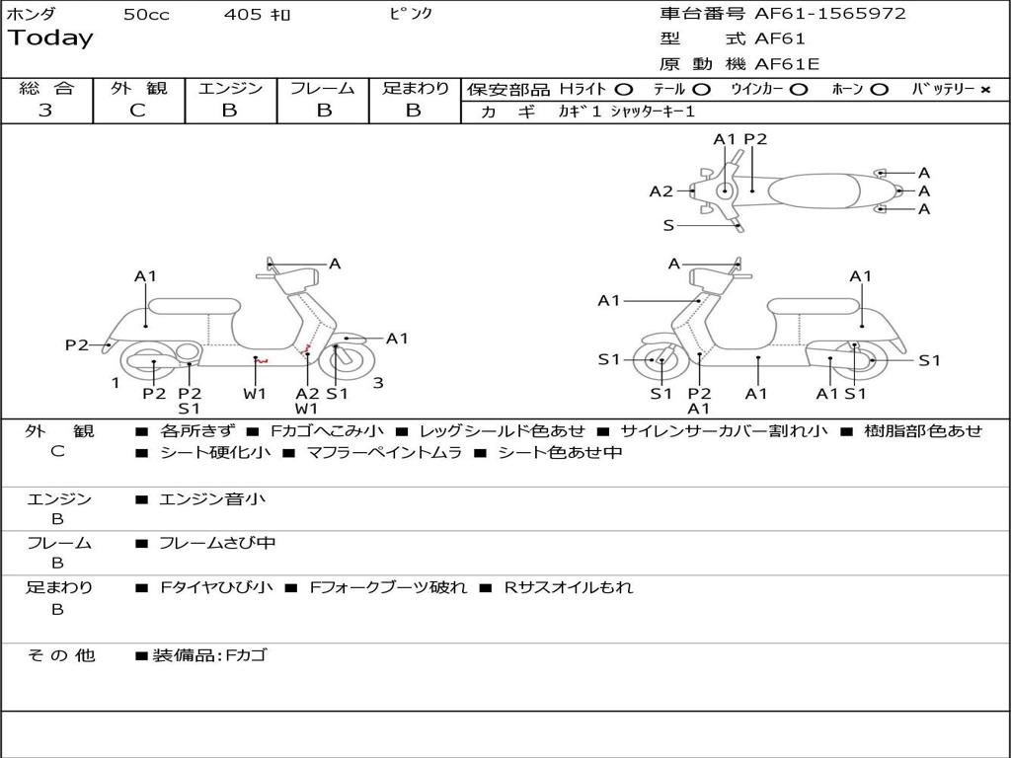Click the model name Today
pos(50,38)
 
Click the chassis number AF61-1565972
pos(829,13)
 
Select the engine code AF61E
pos(787,64)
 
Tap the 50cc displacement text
pos(146,14)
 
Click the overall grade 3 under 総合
pos(45,110)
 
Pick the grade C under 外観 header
pos(137,110)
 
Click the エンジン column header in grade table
pos(230,88)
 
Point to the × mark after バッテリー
pos(985,90)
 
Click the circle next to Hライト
pos(624,90)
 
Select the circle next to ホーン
pos(879,90)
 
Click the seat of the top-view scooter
pos(814,190)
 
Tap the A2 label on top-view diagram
pos(661,190)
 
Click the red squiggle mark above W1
pos(261,361)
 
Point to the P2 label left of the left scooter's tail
pos(77,344)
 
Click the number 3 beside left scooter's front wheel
pos(378,383)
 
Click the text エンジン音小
pos(212,498)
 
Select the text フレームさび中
pos(217,544)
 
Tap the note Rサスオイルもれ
pos(568,587)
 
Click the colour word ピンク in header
pos(411,13)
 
